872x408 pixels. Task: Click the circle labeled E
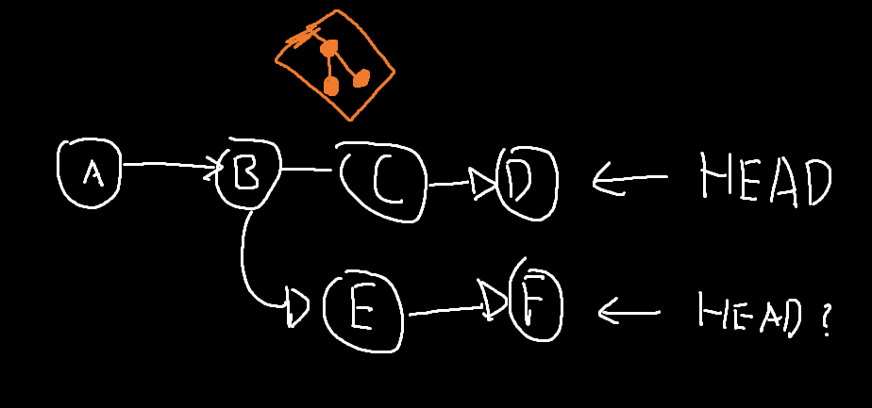click(x=362, y=312)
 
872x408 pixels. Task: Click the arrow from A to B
click(x=170, y=165)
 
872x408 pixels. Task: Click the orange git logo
click(x=334, y=64)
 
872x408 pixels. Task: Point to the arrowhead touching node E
click(x=298, y=307)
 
